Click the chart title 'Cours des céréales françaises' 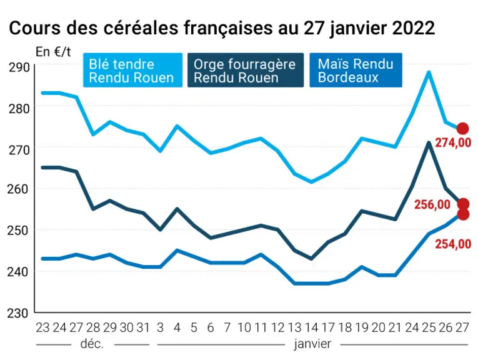click(141, 28)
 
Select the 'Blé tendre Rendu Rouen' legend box click(133, 70)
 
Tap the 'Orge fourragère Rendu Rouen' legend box click(246, 70)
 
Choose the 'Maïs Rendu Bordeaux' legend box click(356, 70)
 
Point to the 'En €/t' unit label click(53, 52)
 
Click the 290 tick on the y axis click(19, 67)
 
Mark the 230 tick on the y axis click(17, 313)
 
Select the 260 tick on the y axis click(17, 189)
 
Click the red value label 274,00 click(453, 142)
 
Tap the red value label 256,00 click(432, 204)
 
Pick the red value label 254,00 click(453, 244)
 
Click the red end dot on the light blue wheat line click(463, 129)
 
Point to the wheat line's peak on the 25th click(429, 72)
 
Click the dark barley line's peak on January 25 click(429, 142)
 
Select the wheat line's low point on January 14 click(311, 182)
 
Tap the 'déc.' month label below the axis click(92, 344)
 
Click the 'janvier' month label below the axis click(312, 344)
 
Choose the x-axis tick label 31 click(143, 327)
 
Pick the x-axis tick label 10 click(244, 327)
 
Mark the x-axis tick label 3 click(160, 327)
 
